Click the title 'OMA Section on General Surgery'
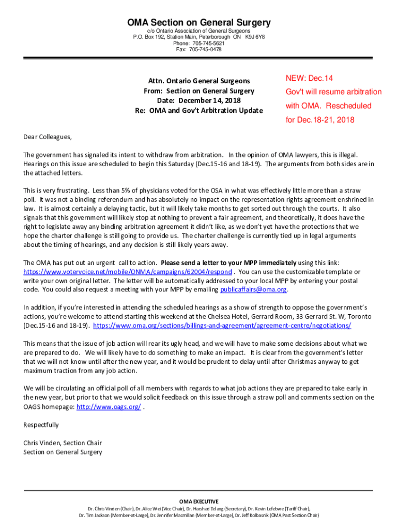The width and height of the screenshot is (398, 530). pos(199,23)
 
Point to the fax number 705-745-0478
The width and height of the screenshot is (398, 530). pos(205,50)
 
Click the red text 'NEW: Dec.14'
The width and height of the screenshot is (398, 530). pos(309,78)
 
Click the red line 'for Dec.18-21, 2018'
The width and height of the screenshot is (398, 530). pos(320,120)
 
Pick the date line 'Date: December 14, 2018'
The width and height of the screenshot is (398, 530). pos(199,100)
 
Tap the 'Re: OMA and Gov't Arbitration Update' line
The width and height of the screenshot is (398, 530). pos(199,110)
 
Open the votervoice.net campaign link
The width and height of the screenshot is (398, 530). pos(128,271)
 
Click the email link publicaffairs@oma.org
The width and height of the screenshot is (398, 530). pos(253,289)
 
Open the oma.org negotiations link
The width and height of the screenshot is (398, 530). pos(222,326)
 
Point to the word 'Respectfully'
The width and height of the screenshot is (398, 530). pos(41,425)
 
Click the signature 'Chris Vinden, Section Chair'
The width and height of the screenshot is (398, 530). pos(63,443)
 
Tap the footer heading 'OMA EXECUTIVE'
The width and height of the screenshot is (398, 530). pos(199,502)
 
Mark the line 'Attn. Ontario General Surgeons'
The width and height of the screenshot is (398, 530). pos(199,81)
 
